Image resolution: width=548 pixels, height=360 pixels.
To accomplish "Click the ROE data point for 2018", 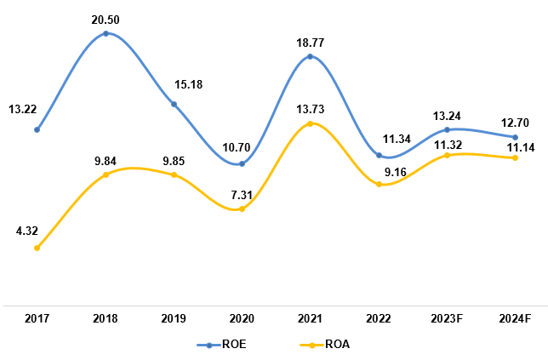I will (106, 34).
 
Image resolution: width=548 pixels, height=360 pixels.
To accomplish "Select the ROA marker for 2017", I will (37, 248).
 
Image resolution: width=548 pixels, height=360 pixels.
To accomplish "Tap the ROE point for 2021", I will (310, 57).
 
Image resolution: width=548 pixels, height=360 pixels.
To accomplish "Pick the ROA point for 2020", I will (242, 209).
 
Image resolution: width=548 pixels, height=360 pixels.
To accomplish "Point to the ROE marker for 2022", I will (379, 156).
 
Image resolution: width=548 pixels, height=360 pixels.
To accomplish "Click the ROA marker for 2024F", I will (515, 157).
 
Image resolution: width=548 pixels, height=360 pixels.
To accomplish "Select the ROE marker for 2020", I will (242, 163).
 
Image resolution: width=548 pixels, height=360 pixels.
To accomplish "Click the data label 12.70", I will (515, 120).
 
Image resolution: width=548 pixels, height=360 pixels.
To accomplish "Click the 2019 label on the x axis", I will (174, 318).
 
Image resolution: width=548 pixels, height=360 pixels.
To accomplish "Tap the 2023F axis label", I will (447, 318).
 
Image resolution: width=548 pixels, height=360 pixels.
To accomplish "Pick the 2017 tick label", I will (37, 318).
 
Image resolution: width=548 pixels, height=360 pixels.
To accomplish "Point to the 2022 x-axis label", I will (379, 318).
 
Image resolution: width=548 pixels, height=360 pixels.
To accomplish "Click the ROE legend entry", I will (222, 345).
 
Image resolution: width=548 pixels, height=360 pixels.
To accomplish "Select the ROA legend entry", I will (324, 345).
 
